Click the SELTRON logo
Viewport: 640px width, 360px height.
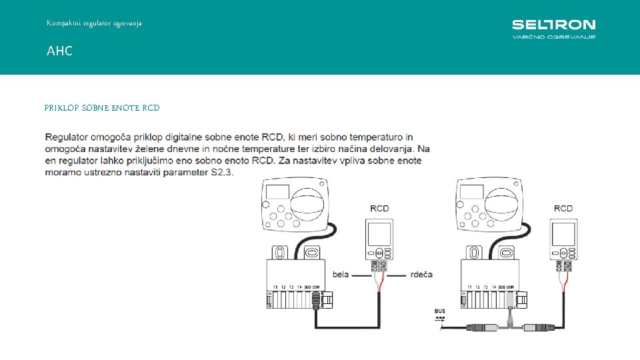[x=553, y=25]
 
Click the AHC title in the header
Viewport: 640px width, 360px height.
[x=59, y=51]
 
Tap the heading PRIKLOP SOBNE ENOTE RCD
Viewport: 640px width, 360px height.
[x=102, y=107]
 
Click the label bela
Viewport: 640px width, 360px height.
[x=340, y=275]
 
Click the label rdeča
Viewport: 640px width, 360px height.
[x=421, y=275]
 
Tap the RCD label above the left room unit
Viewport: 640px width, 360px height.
[x=379, y=209]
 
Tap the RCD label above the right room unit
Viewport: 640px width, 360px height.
[x=563, y=209]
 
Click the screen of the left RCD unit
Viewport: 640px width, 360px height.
[x=379, y=233]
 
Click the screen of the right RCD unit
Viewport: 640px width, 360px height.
[x=563, y=233]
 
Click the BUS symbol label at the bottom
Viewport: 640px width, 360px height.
[x=440, y=311]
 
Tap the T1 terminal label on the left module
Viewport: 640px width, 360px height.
[x=275, y=287]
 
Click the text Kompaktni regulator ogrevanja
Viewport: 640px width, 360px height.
[x=94, y=23]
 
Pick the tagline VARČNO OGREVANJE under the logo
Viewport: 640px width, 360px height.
[x=553, y=37]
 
